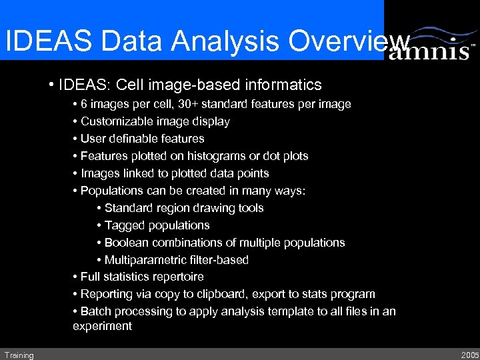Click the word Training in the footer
coord(18,355)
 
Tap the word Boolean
coord(126,243)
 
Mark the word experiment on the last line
coord(102,327)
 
